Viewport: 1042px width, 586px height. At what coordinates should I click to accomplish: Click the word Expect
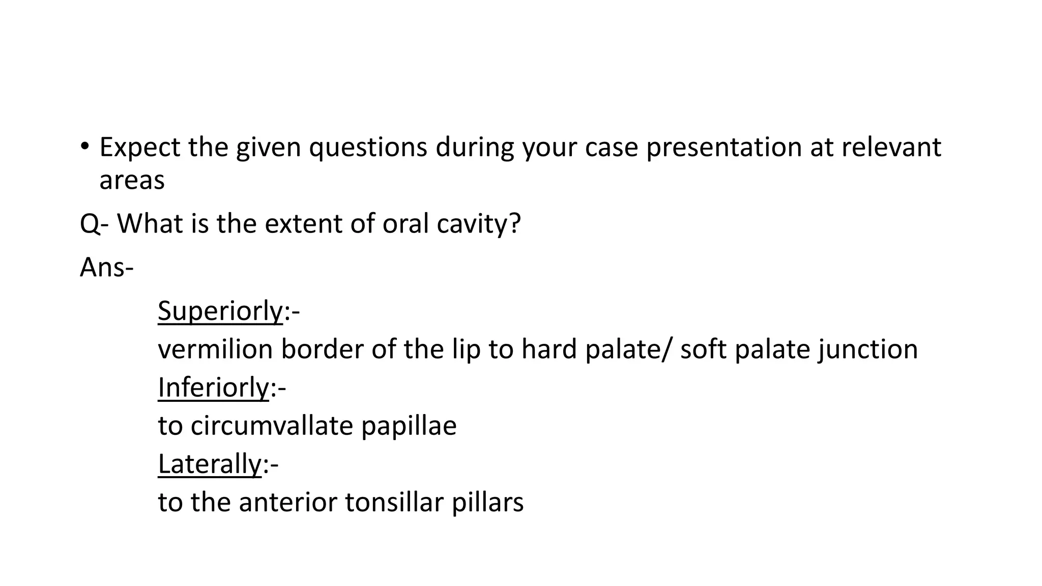(139, 148)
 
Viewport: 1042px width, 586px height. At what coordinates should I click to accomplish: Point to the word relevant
(891, 148)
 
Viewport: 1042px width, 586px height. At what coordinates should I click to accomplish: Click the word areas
(132, 181)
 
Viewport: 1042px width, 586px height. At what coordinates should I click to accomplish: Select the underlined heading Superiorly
(220, 311)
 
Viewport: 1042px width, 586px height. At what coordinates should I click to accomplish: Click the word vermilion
(215, 349)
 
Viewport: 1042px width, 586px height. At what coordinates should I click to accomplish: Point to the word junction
(867, 349)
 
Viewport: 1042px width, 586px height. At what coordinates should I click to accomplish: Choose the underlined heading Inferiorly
(213, 388)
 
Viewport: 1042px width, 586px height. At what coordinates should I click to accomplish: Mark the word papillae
(409, 426)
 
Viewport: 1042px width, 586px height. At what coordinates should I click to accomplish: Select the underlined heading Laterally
(209, 464)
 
